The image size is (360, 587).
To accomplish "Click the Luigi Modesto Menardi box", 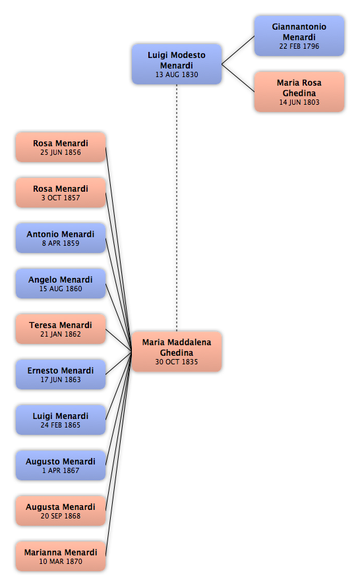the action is click(x=177, y=64).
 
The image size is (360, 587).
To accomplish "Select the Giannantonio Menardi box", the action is click(x=299, y=36).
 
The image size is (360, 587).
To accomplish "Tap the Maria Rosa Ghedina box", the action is click(x=299, y=92).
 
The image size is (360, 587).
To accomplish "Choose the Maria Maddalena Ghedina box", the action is click(x=177, y=351).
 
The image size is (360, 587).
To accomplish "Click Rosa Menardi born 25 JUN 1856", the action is click(x=61, y=147).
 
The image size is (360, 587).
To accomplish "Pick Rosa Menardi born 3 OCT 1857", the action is click(x=61, y=192).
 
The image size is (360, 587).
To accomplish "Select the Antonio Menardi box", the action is click(x=61, y=238).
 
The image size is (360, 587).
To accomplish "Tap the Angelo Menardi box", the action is click(x=61, y=283).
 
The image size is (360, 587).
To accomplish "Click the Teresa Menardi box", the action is click(x=61, y=329).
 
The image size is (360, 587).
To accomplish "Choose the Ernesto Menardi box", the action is click(x=61, y=374).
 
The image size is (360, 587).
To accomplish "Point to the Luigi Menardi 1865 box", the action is click(x=61, y=420).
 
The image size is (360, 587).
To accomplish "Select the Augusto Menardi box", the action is click(x=61, y=465).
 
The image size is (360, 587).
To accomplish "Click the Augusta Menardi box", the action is click(x=61, y=511).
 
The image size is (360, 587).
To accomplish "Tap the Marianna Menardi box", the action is click(x=61, y=556).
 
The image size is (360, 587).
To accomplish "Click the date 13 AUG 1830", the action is click(x=177, y=74).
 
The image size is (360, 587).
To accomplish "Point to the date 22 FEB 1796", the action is click(x=299, y=46).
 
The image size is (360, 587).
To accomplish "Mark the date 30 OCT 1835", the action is click(x=177, y=362).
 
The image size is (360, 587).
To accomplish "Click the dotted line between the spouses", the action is click(x=177, y=208).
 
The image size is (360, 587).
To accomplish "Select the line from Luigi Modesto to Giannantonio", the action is click(x=238, y=50).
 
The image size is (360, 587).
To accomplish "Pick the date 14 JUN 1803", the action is click(x=299, y=102).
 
